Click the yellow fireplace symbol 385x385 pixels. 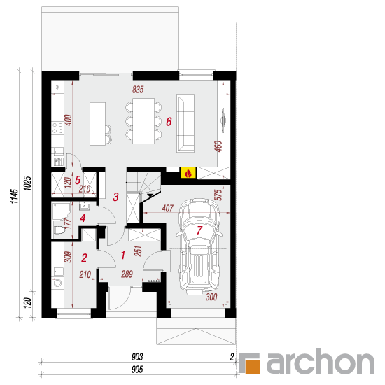pos(188,173)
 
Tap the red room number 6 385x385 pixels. pos(169,122)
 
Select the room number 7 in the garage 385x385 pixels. pos(199,230)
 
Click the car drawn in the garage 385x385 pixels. pos(199,246)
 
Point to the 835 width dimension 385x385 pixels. pos(138,90)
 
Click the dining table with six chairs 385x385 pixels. pos(143,121)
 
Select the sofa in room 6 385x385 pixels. pos(185,123)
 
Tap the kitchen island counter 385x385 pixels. pos(97,124)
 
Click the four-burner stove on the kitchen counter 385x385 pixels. pos(57,127)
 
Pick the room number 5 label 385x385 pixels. pos(78,180)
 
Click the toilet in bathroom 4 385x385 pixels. pos(59,230)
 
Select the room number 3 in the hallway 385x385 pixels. pos(115,197)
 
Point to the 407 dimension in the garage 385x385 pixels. pos(168,209)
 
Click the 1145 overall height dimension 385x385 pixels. pos(14,196)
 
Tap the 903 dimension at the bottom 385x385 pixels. pos(137,357)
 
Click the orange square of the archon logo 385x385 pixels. pos(253,367)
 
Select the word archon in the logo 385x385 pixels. pos(321,361)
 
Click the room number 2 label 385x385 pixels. pos(84,258)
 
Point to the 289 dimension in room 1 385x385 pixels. pos(127,274)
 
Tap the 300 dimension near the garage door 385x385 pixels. pos(211,297)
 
